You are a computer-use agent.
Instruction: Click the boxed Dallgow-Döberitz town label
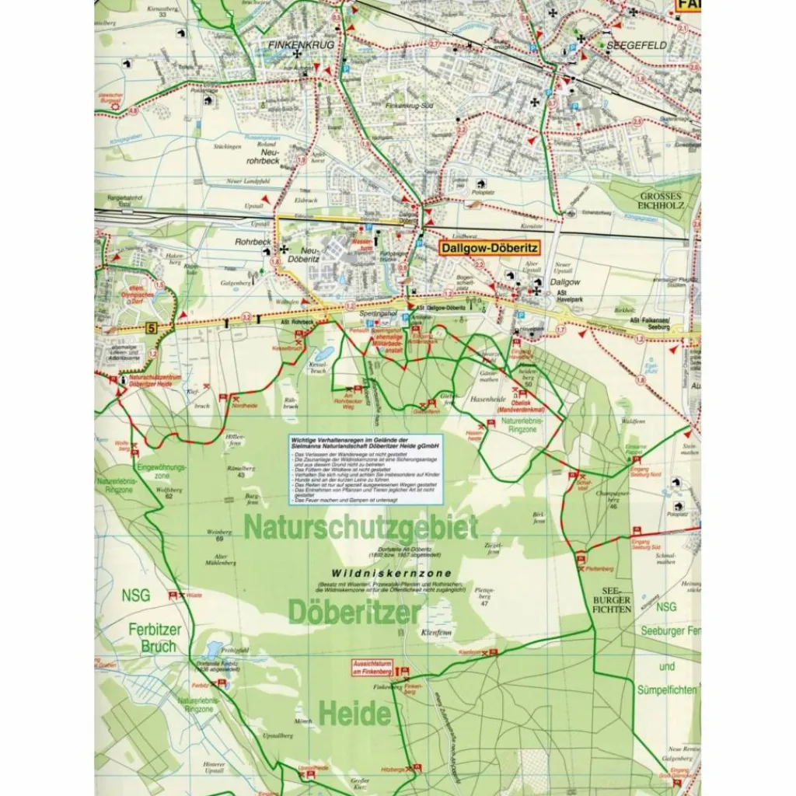[x=488, y=250]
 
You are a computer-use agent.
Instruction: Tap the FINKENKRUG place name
[x=300, y=46]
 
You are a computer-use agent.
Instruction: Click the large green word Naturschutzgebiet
[x=361, y=528]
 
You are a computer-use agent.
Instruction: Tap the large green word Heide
[x=354, y=712]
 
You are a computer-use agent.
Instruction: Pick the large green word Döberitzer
[x=354, y=613]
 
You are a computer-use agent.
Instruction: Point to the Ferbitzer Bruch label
[x=147, y=638]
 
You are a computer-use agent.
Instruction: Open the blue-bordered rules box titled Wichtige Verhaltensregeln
[x=365, y=469]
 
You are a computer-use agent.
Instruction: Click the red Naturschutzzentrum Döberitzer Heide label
[x=155, y=381]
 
